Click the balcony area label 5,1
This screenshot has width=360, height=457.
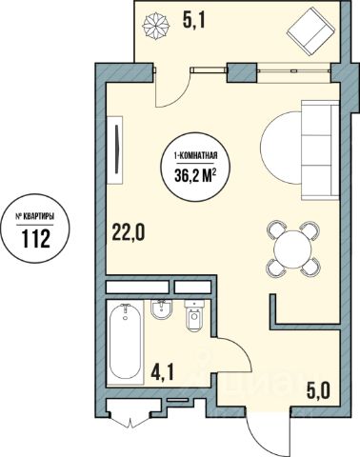click(x=194, y=21)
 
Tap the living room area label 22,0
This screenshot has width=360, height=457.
click(x=128, y=231)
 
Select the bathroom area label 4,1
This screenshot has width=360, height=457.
click(x=162, y=372)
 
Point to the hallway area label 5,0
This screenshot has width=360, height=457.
click(x=318, y=390)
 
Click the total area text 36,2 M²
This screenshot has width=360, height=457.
click(x=195, y=175)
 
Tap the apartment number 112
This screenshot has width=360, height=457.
click(x=36, y=239)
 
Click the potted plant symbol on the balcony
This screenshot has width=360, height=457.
click(x=156, y=26)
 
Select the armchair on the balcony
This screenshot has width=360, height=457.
click(x=311, y=31)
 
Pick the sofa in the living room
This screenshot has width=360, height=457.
click(x=320, y=150)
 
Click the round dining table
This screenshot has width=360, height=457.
click(x=292, y=248)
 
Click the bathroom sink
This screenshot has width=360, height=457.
click(x=162, y=309)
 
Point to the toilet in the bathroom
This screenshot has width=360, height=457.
click(x=194, y=315)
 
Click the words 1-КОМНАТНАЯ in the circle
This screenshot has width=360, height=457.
click(x=195, y=156)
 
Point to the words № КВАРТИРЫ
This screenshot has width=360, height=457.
click(x=35, y=217)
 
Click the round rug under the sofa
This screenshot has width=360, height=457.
click(x=280, y=148)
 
